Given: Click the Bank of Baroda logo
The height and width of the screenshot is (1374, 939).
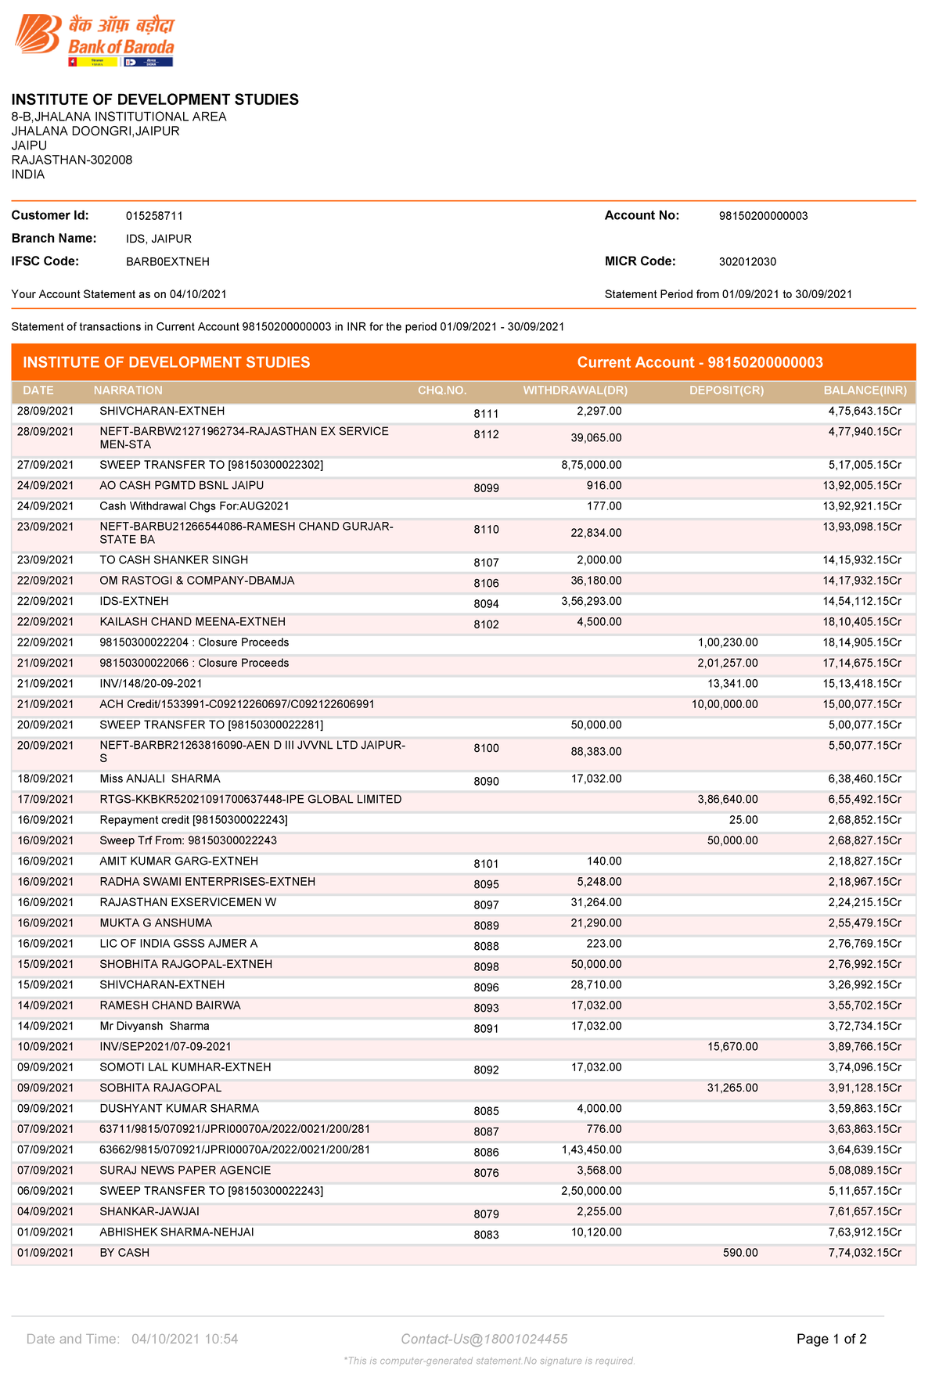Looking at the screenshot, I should (x=94, y=39).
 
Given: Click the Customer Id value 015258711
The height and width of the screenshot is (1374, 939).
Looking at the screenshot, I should (x=154, y=216).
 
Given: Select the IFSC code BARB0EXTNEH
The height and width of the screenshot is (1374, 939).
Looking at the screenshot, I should (x=167, y=262).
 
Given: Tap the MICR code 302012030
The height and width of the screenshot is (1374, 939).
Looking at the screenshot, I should (x=747, y=262).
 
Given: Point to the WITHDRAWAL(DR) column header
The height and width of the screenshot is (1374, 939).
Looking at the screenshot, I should (x=575, y=390).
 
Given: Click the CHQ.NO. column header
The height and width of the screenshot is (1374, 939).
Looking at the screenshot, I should (x=442, y=390).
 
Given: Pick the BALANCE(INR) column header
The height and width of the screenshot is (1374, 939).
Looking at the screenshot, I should (x=865, y=390).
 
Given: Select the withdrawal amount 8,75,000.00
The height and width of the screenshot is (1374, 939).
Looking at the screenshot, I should (x=592, y=466).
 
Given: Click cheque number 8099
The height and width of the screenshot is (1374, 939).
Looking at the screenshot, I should (x=486, y=488).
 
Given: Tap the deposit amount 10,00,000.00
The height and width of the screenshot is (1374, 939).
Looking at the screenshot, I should (x=725, y=705).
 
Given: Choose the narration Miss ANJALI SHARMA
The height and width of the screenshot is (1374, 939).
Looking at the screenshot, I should (x=160, y=779).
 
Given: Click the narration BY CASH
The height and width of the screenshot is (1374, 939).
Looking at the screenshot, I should (x=124, y=1254).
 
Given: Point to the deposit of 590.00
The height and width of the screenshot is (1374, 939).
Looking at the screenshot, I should (x=740, y=1254).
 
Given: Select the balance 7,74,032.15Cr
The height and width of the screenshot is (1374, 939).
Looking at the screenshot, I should (x=865, y=1254).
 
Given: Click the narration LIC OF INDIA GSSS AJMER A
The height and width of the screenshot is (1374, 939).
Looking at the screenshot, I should (x=178, y=944).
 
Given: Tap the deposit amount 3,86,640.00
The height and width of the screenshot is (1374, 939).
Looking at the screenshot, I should (x=728, y=800).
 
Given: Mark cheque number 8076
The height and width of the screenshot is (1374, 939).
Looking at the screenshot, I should (x=486, y=1174).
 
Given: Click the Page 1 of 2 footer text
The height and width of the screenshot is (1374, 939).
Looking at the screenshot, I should (x=831, y=1340).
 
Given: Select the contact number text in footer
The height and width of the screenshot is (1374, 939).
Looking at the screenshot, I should (x=484, y=1340).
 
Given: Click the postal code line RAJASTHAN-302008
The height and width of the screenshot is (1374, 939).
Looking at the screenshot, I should (x=72, y=160).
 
